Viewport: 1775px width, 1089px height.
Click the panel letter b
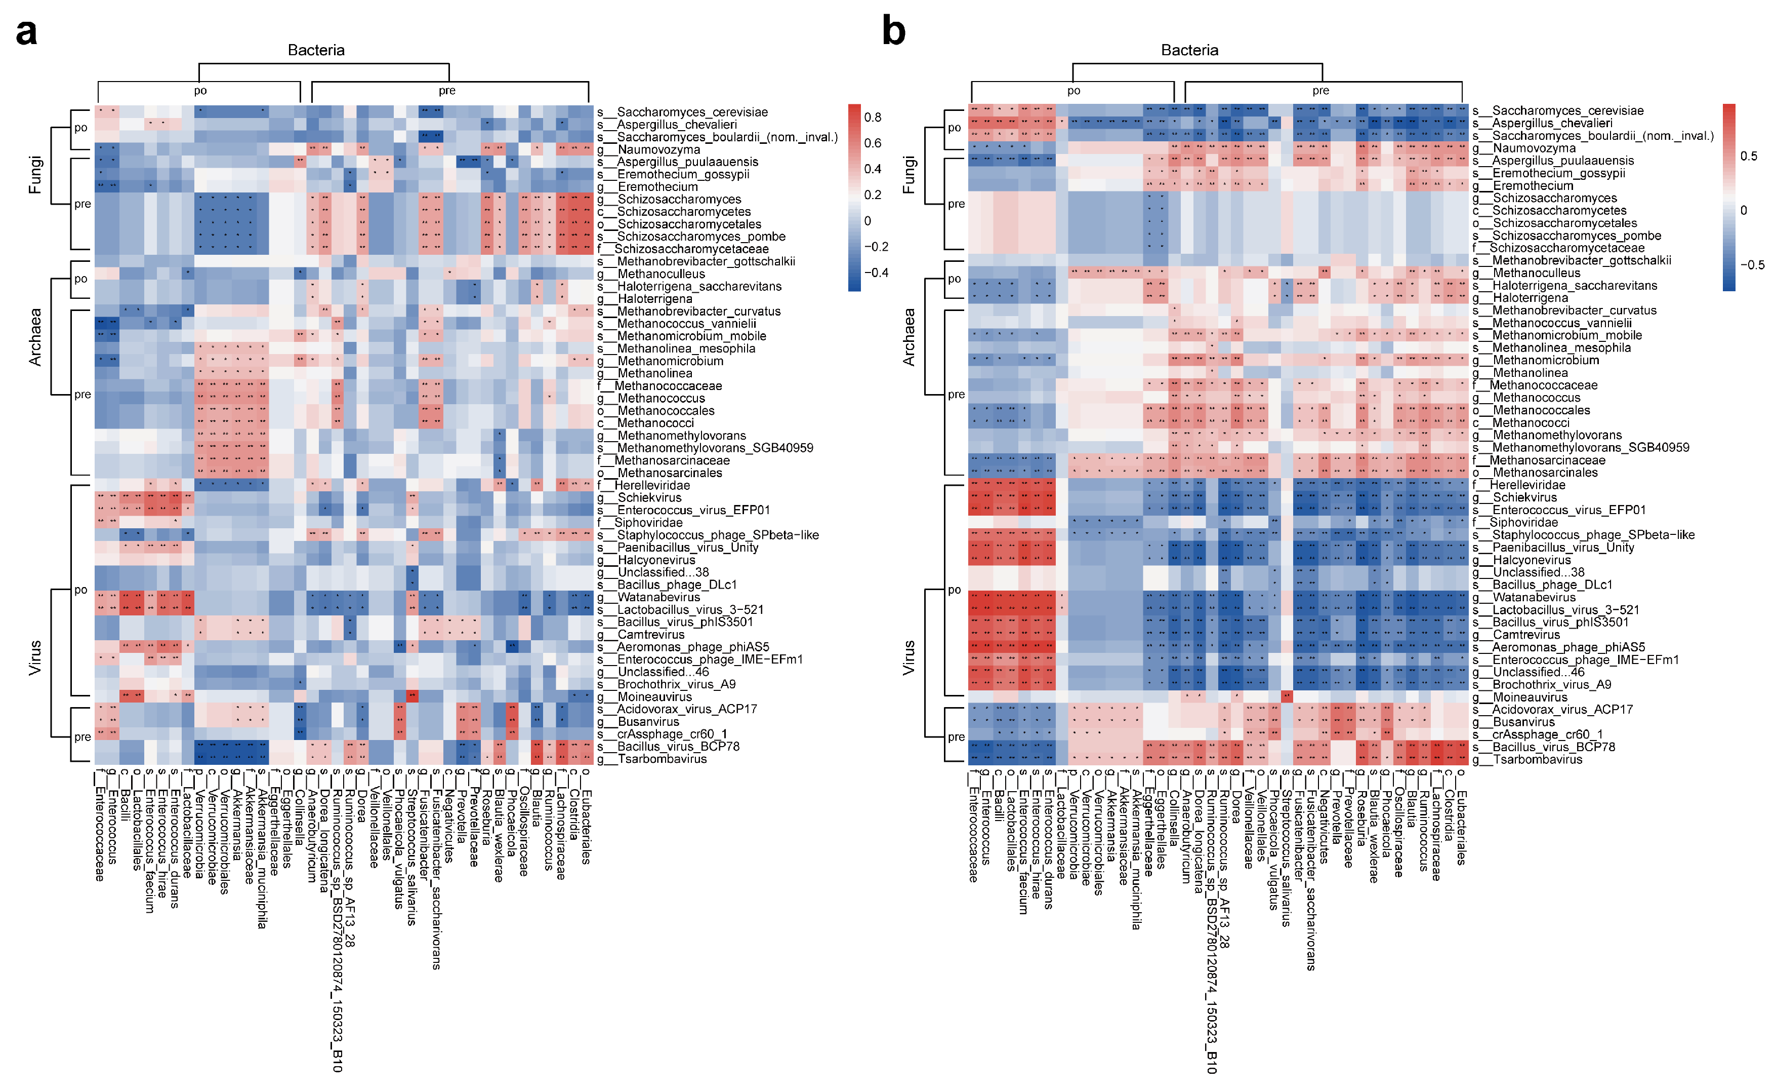click(893, 32)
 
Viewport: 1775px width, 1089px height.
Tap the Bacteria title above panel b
click(1189, 50)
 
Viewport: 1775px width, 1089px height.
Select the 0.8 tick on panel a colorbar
click(873, 118)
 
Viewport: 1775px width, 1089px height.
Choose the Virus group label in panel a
click(34, 657)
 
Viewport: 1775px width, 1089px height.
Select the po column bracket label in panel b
click(1074, 91)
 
